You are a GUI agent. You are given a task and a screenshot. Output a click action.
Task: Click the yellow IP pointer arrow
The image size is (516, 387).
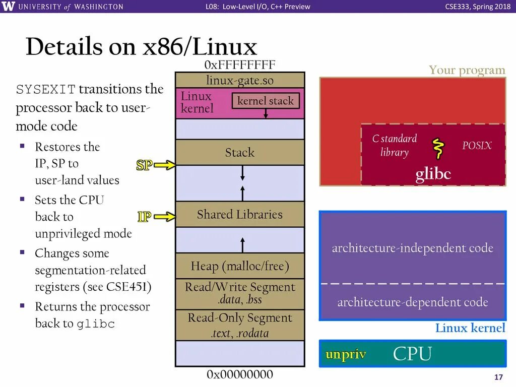[165, 217]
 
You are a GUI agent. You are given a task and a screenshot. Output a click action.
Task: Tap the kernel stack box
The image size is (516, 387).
[266, 101]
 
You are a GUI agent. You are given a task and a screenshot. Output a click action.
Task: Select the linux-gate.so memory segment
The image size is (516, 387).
[240, 80]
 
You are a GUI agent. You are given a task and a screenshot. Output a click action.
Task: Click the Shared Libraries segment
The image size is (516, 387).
[240, 215]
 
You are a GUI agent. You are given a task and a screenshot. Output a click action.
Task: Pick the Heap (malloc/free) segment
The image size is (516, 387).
[240, 266]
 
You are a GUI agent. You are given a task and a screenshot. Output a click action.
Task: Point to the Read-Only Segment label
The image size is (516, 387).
[240, 318]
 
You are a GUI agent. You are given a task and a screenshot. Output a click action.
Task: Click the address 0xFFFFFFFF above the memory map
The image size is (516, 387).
[240, 65]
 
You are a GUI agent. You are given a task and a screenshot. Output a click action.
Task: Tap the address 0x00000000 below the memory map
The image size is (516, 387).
[240, 374]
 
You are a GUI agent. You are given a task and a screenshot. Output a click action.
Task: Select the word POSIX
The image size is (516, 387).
[476, 146]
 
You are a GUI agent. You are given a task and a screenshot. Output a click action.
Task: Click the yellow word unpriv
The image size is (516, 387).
[346, 354]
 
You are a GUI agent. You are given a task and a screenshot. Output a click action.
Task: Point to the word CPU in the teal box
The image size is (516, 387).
[412, 354]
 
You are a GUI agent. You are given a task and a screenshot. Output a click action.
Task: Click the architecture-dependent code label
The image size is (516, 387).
[412, 302]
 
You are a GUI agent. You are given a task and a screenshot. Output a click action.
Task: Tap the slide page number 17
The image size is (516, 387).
[499, 378]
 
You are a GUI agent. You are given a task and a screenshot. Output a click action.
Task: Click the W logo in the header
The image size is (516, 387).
[10, 7]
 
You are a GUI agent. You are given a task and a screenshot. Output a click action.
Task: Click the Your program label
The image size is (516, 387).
[467, 70]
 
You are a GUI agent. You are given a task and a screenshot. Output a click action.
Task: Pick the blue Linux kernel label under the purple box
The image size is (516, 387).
[470, 328]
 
